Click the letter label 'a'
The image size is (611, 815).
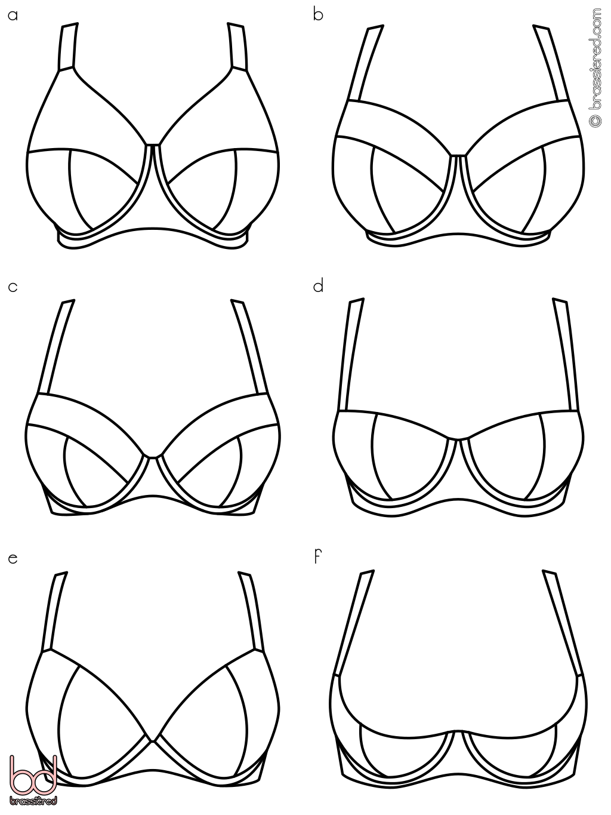tap(13, 16)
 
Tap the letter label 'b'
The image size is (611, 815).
tap(318, 14)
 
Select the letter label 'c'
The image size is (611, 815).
tap(13, 288)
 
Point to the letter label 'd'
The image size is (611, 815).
tap(318, 286)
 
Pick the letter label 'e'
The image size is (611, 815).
tap(13, 559)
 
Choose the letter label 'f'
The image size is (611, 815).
tap(317, 557)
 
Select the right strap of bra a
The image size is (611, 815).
tap(237, 47)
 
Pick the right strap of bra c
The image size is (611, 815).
tap(249, 347)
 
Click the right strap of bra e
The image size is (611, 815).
tap(252, 613)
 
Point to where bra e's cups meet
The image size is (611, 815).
tap(152, 742)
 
